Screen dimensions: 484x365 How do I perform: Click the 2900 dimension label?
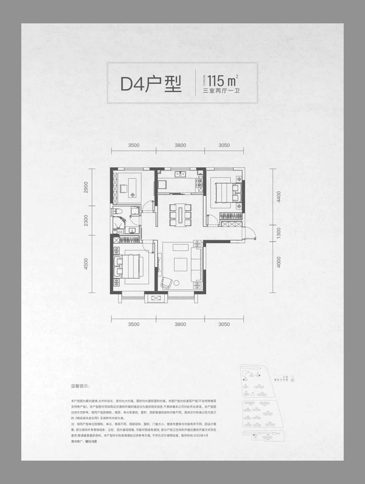coord(86,187)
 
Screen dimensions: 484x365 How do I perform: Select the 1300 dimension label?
coord(279,233)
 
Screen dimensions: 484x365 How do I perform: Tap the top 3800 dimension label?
coord(180,145)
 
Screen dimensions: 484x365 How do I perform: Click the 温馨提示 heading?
coord(80,386)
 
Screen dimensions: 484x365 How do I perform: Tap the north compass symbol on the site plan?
coord(293,380)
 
